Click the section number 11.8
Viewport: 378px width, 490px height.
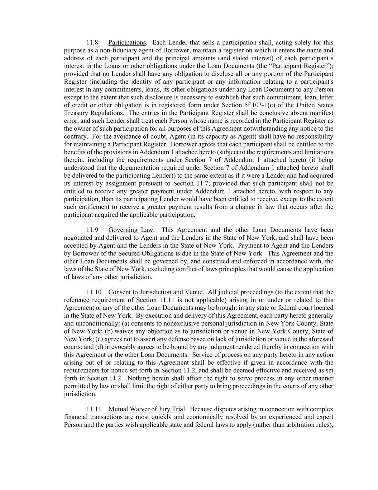[x=92, y=43]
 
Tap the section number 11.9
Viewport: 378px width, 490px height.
[x=92, y=230]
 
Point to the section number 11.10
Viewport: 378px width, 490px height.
[x=94, y=292]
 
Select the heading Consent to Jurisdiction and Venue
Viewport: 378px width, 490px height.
[x=155, y=292]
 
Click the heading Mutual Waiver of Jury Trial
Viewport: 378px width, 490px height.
[x=147, y=409]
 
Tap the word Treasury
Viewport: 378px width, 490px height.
[x=75, y=113]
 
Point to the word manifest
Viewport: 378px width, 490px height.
[x=321, y=113]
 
